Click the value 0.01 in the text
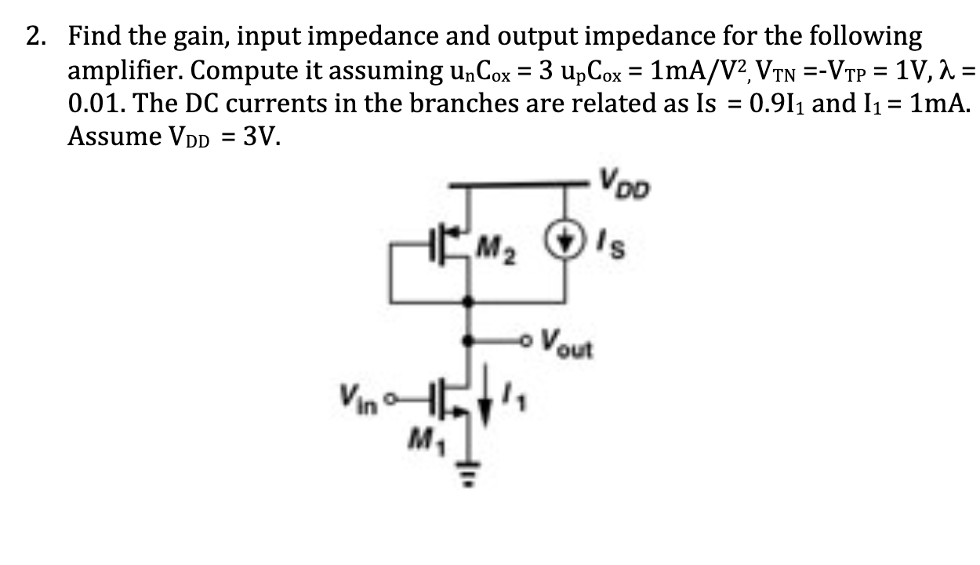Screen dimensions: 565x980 [93, 104]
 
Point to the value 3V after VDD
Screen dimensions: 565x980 [258, 137]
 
